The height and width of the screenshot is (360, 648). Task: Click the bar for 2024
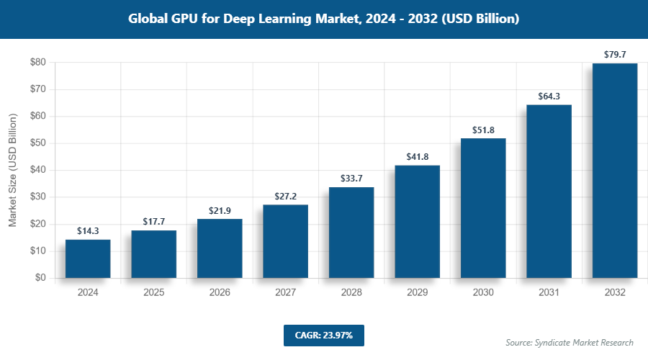click(x=88, y=258)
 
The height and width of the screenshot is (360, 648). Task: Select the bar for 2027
click(x=286, y=241)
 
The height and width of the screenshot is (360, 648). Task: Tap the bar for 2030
click(x=483, y=208)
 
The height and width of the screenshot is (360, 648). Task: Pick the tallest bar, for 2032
click(x=615, y=171)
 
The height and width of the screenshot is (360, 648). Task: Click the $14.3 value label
click(x=88, y=231)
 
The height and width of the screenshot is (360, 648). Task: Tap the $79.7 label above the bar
click(x=615, y=55)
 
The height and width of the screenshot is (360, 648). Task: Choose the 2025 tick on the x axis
click(x=153, y=292)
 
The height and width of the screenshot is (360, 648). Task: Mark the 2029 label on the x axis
click(x=418, y=292)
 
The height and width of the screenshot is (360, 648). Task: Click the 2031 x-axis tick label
click(x=549, y=292)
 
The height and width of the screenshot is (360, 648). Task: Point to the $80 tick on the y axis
click(x=38, y=63)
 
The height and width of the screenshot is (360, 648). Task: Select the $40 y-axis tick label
click(x=38, y=170)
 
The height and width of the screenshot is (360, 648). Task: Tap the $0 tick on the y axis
click(x=41, y=278)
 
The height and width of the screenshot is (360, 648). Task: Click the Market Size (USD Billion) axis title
click(x=12, y=170)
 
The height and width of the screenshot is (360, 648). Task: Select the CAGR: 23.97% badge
click(x=323, y=336)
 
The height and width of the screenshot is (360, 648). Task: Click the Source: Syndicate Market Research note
click(x=569, y=342)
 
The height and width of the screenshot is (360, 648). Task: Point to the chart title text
click(x=324, y=19)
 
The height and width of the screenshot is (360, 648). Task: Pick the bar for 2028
click(x=351, y=233)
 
